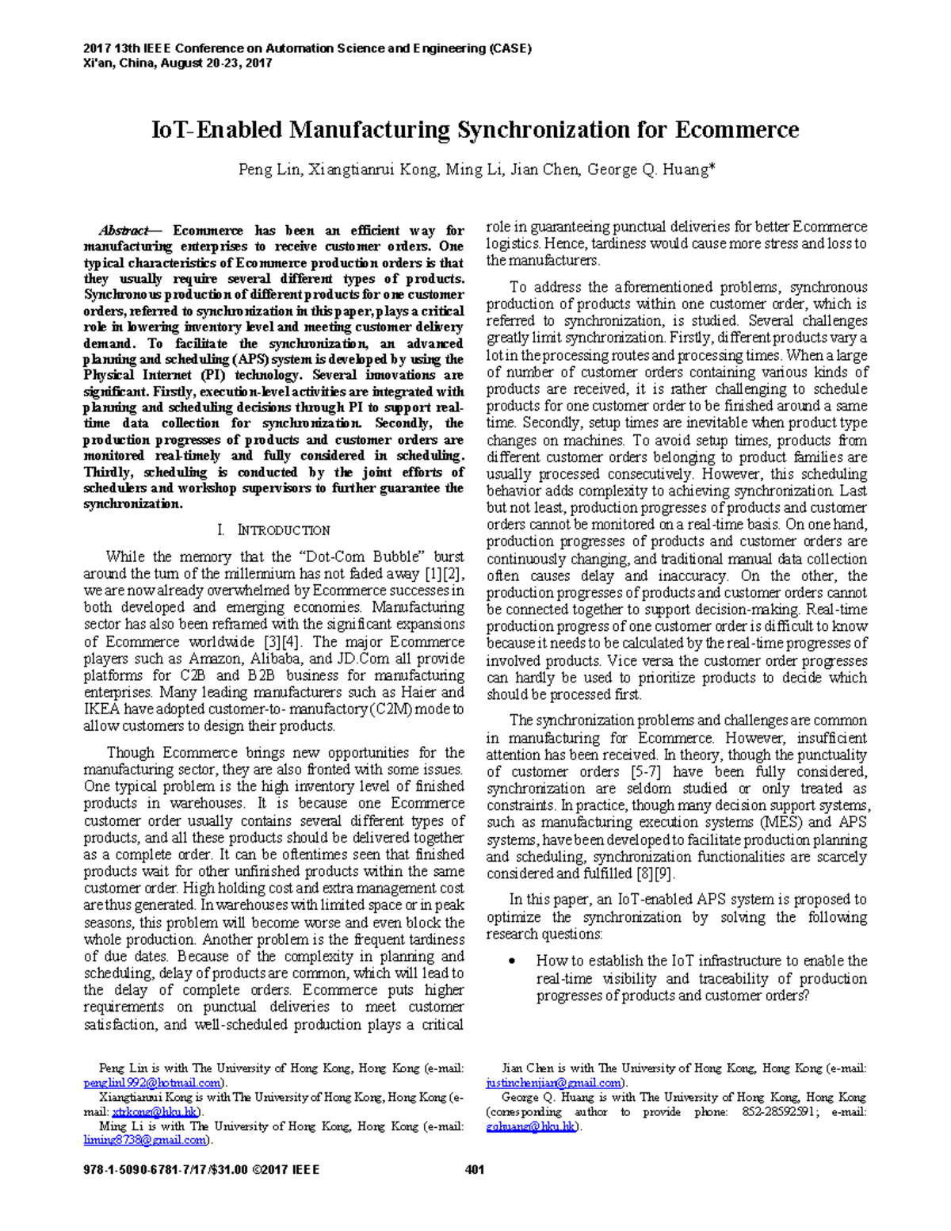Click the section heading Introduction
pos(283,530)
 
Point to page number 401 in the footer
pos(475,1169)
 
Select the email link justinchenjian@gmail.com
pos(553,1083)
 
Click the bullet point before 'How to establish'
pos(515,961)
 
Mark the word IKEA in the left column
pos(102,709)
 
